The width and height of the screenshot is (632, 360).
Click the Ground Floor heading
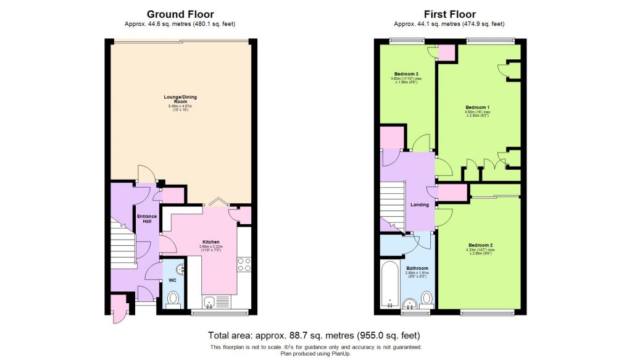click(x=180, y=14)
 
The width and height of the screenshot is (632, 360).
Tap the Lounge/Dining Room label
click(x=180, y=99)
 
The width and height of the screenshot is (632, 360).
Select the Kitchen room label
click(x=211, y=242)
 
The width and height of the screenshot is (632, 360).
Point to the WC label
click(x=172, y=280)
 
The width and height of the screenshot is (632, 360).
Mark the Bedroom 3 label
click(x=402, y=75)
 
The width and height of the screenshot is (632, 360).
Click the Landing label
click(x=420, y=205)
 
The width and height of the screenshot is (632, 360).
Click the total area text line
click(x=314, y=336)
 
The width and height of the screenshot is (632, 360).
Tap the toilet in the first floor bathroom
click(x=426, y=299)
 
